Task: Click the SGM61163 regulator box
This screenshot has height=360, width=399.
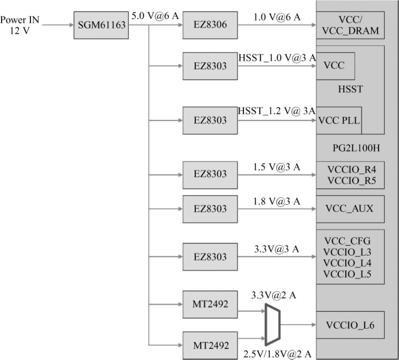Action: tap(101, 25)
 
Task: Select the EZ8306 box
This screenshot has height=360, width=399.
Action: tap(210, 25)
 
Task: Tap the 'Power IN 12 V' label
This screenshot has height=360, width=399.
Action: tap(19, 25)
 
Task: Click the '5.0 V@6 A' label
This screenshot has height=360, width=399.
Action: tap(155, 16)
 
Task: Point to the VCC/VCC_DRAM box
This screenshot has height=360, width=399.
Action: tap(350, 25)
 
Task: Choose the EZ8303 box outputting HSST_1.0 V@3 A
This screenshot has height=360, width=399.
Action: tap(210, 66)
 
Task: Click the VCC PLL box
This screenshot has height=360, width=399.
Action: tap(339, 120)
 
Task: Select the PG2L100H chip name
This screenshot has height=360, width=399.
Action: tap(356, 148)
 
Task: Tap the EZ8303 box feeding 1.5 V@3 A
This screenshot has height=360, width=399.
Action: tap(210, 175)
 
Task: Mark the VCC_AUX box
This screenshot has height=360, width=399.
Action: tap(350, 209)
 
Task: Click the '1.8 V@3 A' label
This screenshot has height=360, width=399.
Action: tap(277, 201)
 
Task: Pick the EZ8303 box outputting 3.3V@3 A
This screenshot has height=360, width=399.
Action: tap(210, 257)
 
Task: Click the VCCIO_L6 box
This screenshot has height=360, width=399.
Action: tap(350, 325)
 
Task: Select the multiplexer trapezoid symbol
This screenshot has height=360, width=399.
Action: tap(273, 325)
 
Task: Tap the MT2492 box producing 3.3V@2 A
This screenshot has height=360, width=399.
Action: tap(210, 304)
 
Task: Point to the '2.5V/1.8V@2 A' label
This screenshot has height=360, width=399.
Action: tap(277, 354)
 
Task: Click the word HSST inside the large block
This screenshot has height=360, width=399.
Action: tap(350, 89)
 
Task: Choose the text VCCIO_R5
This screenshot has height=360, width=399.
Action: tap(352, 181)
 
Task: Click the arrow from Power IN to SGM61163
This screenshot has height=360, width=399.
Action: tap(58, 25)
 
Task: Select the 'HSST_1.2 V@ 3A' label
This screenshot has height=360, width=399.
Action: tap(277, 111)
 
